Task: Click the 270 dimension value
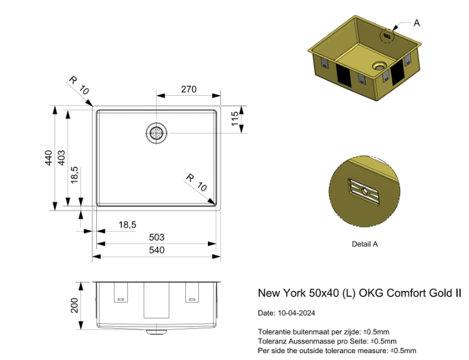click(189, 89)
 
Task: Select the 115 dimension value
click(235, 119)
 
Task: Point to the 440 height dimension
click(48, 158)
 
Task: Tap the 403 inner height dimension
click(61, 158)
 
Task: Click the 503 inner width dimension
click(157, 238)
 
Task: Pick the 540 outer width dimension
click(157, 250)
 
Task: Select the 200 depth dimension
click(75, 305)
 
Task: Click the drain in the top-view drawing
click(157, 132)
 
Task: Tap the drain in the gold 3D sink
click(380, 67)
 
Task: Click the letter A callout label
click(416, 23)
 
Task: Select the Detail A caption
click(364, 244)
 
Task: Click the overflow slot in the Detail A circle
click(364, 191)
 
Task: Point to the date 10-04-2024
click(297, 313)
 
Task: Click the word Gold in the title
click(440, 293)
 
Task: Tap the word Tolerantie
click(274, 332)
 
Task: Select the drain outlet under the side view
click(157, 332)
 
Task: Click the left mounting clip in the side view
click(121, 292)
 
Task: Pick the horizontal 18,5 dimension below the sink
click(127, 224)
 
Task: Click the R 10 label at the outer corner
click(79, 85)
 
